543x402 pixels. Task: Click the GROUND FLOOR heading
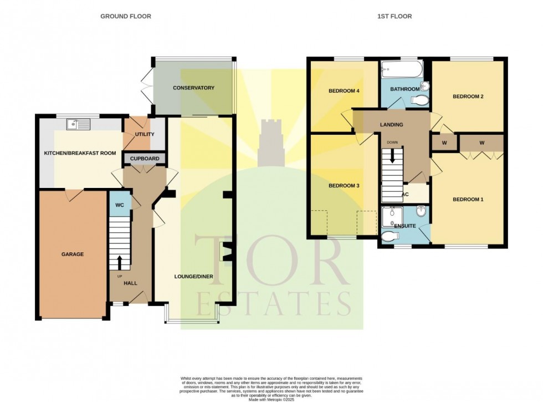125,17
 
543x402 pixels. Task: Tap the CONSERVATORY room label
193,88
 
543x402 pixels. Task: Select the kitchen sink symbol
78,124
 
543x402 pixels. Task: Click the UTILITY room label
145,135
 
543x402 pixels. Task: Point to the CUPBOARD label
145,159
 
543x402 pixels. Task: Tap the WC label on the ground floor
120,205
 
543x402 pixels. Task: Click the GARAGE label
72,255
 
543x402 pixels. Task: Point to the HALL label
130,283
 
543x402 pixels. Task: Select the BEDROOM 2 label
468,96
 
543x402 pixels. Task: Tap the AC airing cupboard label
405,195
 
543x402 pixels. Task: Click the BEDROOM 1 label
468,200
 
